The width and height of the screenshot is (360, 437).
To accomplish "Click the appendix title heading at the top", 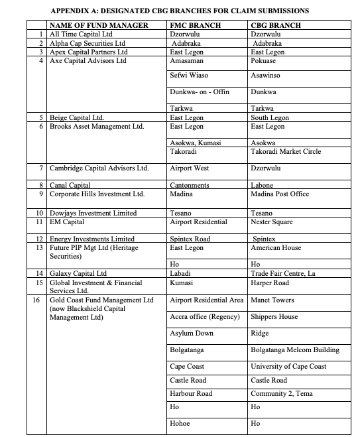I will pos(180,11).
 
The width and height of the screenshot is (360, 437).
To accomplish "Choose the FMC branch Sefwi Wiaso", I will pos(189,76).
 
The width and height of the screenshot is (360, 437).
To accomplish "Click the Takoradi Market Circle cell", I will pos(285,151).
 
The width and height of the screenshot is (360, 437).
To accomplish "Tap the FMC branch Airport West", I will pos(189,168).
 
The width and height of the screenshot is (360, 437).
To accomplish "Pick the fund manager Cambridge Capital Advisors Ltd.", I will pos(99,168).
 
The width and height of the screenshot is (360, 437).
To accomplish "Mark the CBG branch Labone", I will pos(263,186).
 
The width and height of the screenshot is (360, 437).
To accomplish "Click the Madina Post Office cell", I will pos(280,194).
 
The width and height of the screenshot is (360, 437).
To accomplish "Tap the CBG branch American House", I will pos(276,247).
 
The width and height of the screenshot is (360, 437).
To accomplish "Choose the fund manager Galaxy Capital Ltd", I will pos(78,273).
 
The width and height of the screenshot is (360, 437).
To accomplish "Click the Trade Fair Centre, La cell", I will pos(285,273).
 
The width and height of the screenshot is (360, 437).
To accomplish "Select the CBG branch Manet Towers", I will pos(272,300).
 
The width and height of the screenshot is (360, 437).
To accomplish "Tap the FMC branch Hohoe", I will pos(180,422).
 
